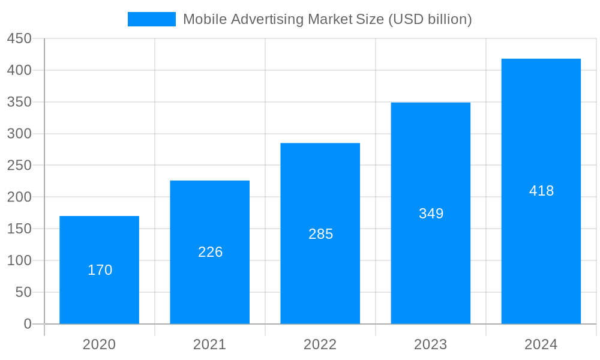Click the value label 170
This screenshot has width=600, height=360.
100,270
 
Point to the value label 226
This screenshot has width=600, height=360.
211,252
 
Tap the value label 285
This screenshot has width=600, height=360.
321,234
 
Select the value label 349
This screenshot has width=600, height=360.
431,214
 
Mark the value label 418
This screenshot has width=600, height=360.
542,191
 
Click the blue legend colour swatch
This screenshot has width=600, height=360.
151,19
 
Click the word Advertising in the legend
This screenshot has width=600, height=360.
267,19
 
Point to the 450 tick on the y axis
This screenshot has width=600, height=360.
19,38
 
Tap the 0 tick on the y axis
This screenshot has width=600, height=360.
28,324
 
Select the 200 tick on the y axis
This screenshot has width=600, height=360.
19,197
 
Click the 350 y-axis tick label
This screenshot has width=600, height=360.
19,102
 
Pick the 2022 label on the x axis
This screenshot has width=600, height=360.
320,344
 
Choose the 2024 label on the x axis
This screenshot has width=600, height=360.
541,344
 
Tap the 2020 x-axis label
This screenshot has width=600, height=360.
99,344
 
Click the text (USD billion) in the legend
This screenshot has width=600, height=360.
430,19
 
